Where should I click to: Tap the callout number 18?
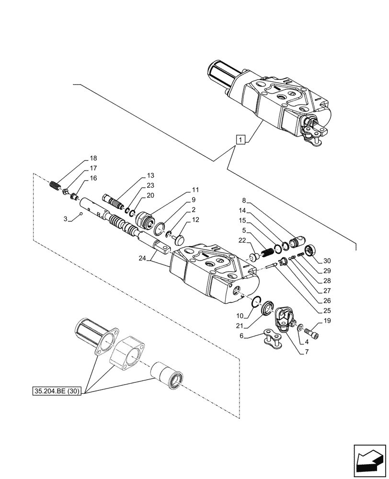92,158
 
